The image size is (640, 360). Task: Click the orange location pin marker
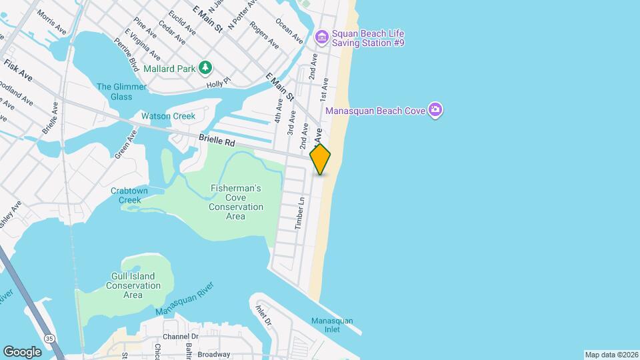pyautogui.click(x=321, y=159)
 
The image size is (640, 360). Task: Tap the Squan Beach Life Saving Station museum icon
pyautogui.click(x=322, y=35)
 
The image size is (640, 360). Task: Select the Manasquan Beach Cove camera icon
pyautogui.click(x=435, y=109)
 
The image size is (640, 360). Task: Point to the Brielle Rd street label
pyautogui.click(x=217, y=141)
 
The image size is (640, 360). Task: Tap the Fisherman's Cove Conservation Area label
pyautogui.click(x=235, y=198)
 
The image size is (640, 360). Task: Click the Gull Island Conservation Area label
pyautogui.click(x=133, y=285)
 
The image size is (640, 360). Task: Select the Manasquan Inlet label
pyautogui.click(x=332, y=325)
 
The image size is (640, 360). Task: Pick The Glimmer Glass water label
pyautogui.click(x=114, y=91)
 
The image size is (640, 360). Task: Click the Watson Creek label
pyautogui.click(x=168, y=116)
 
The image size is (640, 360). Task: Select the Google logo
pyautogui.click(x=22, y=351)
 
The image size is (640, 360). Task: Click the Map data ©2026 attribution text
pyautogui.click(x=611, y=355)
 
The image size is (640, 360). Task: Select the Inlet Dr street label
pyautogui.click(x=264, y=315)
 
